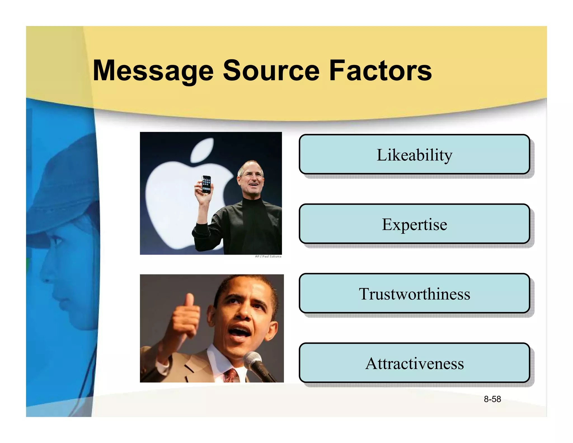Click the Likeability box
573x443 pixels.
coord(414,155)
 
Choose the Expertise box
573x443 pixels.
coord(414,224)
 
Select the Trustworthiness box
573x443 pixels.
coord(414,293)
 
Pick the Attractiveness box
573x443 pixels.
coord(414,363)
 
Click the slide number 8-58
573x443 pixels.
coord(492,399)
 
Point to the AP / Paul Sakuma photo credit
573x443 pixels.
coord(268,256)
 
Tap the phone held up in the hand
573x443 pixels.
coord(206,184)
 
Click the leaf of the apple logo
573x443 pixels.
coord(202,150)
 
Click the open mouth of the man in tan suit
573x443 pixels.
coord(240,332)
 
